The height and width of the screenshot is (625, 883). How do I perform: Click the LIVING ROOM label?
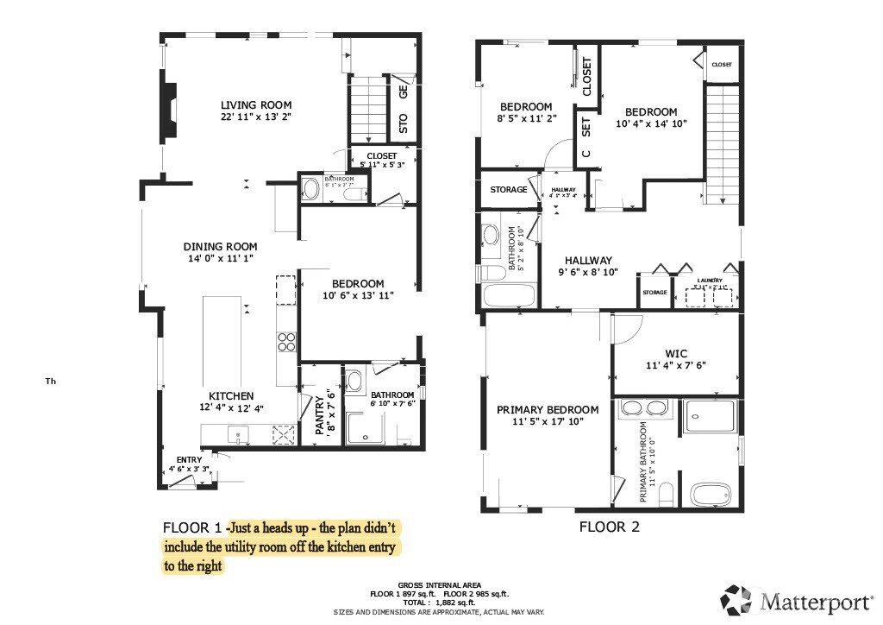(256, 105)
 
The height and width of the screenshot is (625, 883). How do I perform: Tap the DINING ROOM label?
(220, 247)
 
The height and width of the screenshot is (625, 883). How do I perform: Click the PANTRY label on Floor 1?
(318, 413)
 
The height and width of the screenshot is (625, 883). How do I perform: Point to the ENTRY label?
(189, 459)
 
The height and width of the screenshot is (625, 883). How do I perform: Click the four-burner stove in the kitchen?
(286, 343)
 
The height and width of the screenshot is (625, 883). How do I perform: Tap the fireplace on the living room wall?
(168, 107)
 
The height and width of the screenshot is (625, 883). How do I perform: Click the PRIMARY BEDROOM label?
(547, 410)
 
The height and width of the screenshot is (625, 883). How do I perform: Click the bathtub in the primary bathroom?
(712, 496)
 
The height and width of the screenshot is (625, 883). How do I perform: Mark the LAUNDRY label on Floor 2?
(710, 281)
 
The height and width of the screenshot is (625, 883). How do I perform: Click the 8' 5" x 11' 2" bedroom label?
(526, 107)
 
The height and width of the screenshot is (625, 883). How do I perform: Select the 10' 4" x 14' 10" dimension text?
(651, 123)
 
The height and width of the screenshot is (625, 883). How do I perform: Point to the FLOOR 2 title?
(609, 527)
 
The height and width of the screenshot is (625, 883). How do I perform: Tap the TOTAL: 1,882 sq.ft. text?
(439, 603)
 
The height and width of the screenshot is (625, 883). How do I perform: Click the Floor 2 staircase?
(723, 138)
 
